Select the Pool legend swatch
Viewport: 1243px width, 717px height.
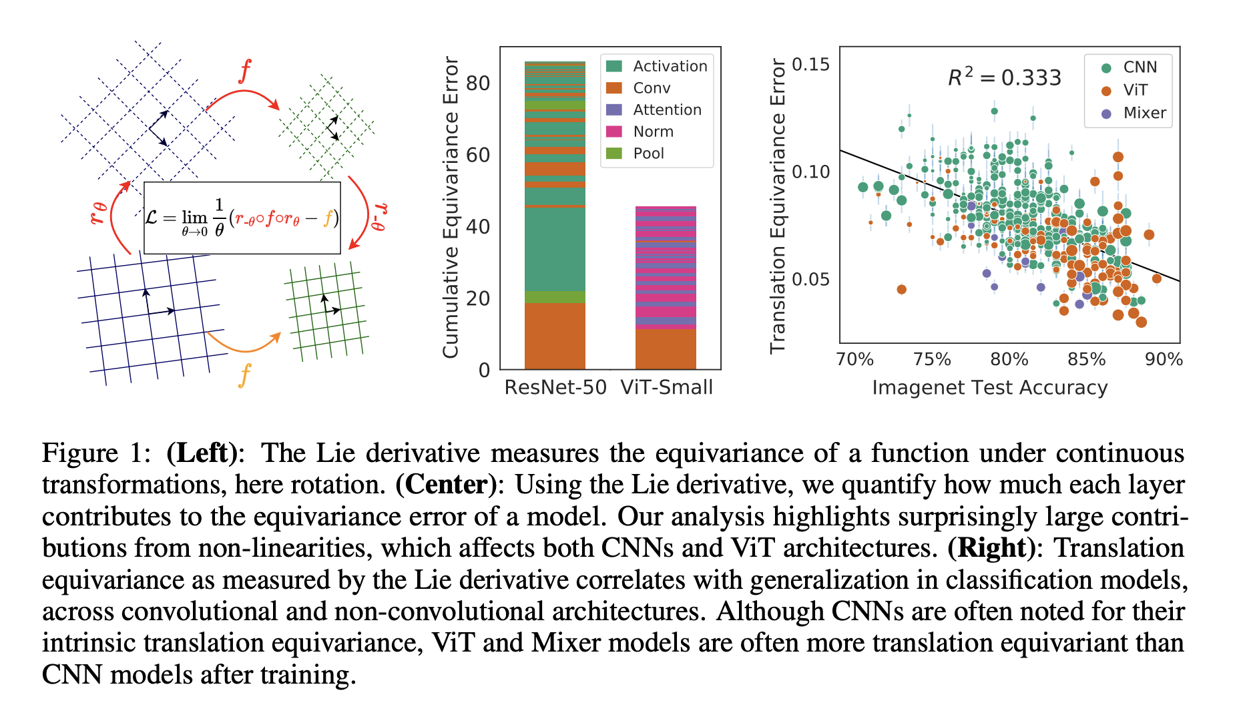click(x=614, y=154)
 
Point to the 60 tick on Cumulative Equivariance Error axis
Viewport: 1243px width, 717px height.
click(x=478, y=155)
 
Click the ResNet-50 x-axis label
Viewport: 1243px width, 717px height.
click(x=555, y=387)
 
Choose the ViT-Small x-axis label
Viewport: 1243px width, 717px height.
click(x=666, y=387)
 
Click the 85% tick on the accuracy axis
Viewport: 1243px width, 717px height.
click(x=1086, y=359)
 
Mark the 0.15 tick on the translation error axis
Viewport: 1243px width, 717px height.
click(x=810, y=65)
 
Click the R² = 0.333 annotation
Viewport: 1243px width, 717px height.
click(x=1004, y=77)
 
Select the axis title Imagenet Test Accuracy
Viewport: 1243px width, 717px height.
click(x=989, y=388)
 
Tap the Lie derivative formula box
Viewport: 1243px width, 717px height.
click(x=242, y=218)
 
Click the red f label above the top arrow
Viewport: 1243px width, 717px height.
click(x=245, y=71)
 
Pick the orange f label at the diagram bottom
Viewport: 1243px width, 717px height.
click(x=245, y=375)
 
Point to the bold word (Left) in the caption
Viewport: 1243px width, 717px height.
click(x=202, y=453)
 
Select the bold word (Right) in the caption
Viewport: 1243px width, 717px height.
click(x=991, y=547)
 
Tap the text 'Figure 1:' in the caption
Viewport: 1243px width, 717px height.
click(x=97, y=453)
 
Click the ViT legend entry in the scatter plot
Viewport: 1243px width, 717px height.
click(x=1135, y=90)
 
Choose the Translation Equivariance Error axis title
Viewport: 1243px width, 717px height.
click(x=778, y=206)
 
